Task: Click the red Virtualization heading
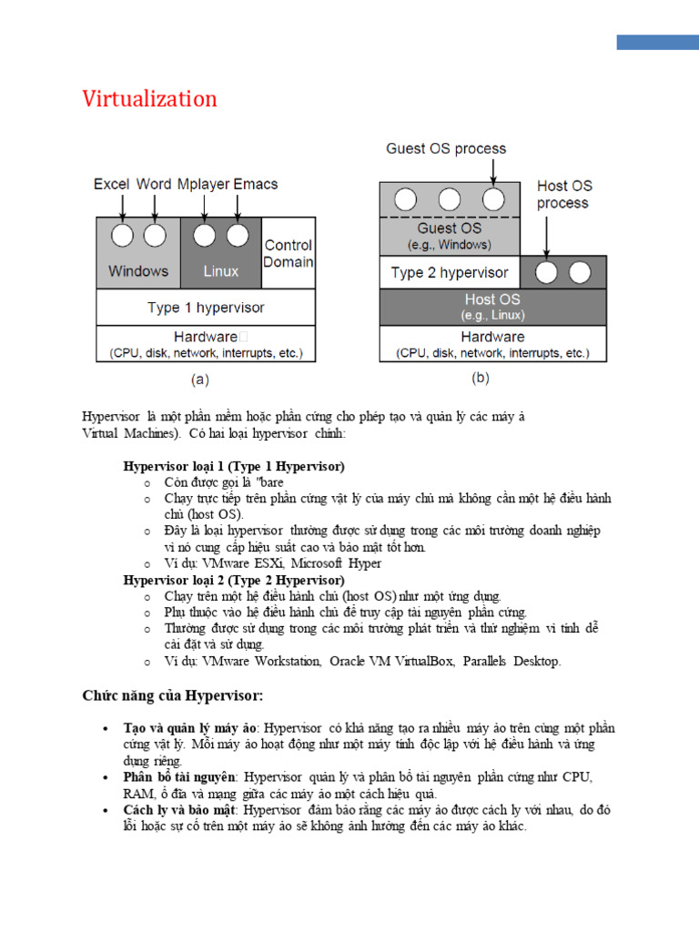pyautogui.click(x=150, y=99)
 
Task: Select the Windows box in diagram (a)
pyautogui.click(x=138, y=270)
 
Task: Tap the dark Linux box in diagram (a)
pyautogui.click(x=221, y=270)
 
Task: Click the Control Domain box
pyautogui.click(x=288, y=253)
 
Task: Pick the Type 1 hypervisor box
pyautogui.click(x=206, y=308)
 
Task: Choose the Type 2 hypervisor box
pyautogui.click(x=450, y=272)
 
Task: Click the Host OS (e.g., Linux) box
pyautogui.click(x=493, y=307)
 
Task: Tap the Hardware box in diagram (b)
pyautogui.click(x=492, y=344)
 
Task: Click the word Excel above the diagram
pyautogui.click(x=111, y=184)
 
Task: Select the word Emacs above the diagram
pyautogui.click(x=256, y=184)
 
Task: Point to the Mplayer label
pyautogui.click(x=203, y=184)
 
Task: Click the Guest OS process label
pyautogui.click(x=446, y=148)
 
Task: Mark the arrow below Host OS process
pyautogui.click(x=546, y=235)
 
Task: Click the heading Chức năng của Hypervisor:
pyautogui.click(x=173, y=696)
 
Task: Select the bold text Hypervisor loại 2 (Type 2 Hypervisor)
pyautogui.click(x=234, y=580)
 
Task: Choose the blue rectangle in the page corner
pyautogui.click(x=657, y=42)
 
